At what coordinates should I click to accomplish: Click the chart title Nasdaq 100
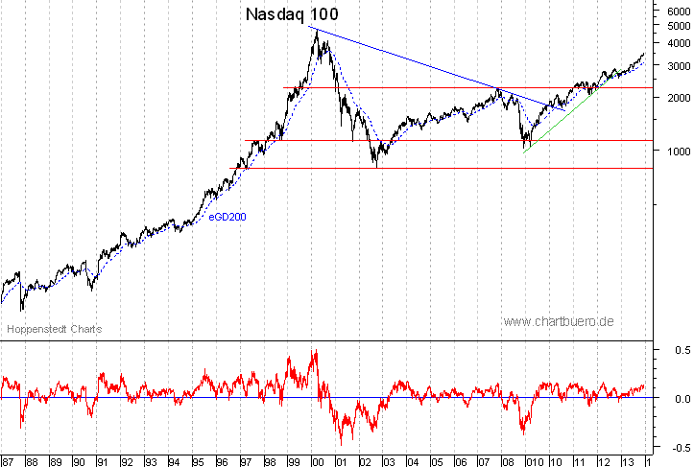tap(292, 14)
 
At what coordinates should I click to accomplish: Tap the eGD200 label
tap(228, 217)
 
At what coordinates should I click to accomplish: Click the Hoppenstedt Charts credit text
tap(55, 329)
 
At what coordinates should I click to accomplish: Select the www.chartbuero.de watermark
tap(558, 320)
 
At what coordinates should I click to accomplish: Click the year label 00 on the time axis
tap(317, 460)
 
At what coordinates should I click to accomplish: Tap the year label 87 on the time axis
tap(9, 460)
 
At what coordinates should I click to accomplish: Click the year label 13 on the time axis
tap(624, 460)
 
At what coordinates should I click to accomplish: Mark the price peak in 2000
tap(316, 30)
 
